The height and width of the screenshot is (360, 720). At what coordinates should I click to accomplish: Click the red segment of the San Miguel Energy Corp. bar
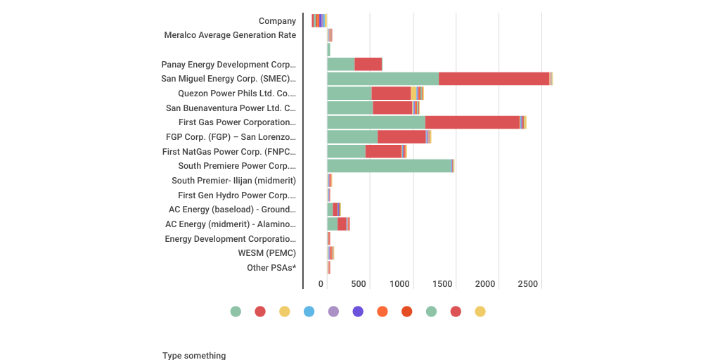click(x=494, y=79)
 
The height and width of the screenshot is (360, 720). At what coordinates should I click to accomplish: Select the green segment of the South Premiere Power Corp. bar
click(x=389, y=166)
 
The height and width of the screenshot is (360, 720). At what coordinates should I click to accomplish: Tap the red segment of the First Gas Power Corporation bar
click(x=472, y=122)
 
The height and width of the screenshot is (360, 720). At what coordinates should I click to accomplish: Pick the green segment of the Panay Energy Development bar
click(x=341, y=65)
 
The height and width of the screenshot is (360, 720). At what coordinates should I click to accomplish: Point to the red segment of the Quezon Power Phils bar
click(x=391, y=94)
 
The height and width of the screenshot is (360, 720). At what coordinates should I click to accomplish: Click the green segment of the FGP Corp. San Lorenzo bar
click(x=352, y=137)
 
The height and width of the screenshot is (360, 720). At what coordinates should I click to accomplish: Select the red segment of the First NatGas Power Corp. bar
click(x=383, y=151)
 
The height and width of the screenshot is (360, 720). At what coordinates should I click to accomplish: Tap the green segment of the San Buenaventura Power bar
click(x=350, y=108)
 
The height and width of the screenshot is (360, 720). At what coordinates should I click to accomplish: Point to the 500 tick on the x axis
click(x=359, y=284)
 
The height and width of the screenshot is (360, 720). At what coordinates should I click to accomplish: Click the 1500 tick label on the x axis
click(x=443, y=284)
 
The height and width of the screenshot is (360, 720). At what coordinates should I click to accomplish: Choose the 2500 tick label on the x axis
click(x=527, y=284)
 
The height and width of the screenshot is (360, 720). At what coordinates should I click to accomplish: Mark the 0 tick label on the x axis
click(x=321, y=284)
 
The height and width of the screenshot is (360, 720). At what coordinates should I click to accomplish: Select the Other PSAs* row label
click(x=271, y=268)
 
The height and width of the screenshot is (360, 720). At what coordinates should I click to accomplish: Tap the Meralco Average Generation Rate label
click(x=230, y=35)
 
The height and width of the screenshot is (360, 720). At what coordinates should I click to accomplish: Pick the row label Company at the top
click(x=277, y=21)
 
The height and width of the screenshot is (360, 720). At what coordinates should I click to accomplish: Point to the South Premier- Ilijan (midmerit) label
click(x=233, y=181)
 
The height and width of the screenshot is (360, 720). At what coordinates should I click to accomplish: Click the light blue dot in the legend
click(x=309, y=311)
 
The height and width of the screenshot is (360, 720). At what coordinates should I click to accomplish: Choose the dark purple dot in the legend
click(x=358, y=311)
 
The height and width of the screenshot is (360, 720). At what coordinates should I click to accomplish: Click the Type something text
click(x=194, y=356)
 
